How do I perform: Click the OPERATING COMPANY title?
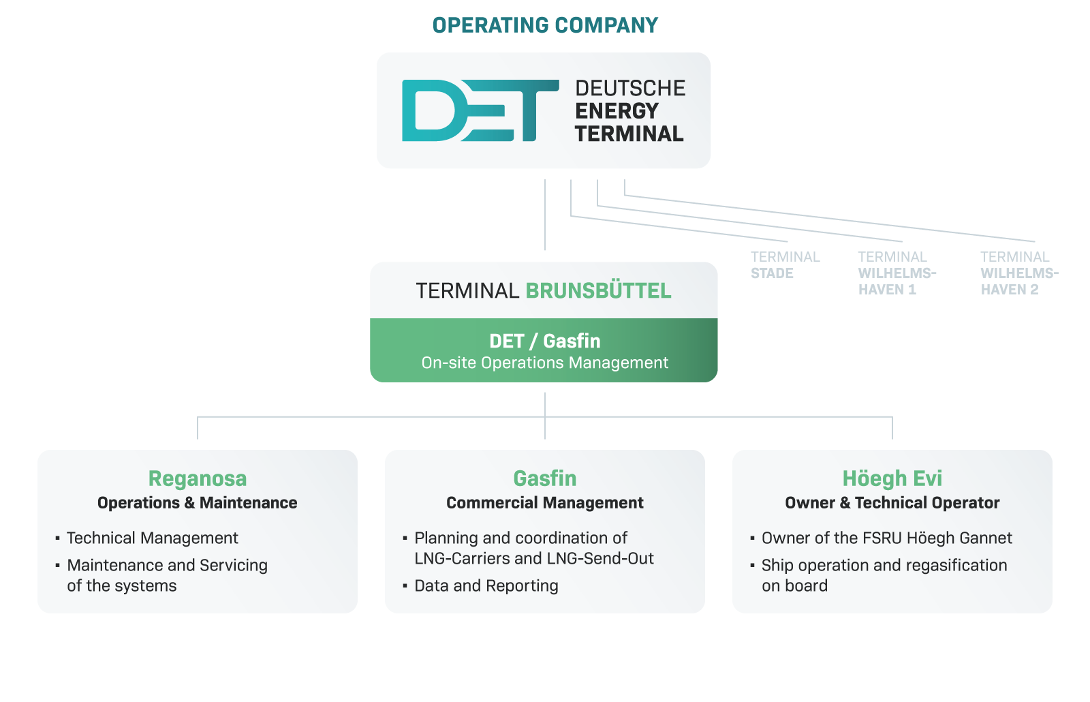[545, 25]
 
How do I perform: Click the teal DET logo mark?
[480, 110]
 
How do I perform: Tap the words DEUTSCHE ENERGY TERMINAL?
[630, 111]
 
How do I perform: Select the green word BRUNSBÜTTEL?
[599, 290]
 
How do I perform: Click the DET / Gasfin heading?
[545, 341]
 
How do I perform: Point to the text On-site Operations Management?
[545, 363]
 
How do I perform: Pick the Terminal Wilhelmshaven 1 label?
[897, 273]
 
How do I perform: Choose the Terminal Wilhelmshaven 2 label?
[1020, 273]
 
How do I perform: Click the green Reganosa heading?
[198, 478]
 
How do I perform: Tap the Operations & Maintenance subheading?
[198, 502]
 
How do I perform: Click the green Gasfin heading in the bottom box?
[545, 478]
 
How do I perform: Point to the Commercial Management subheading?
[545, 502]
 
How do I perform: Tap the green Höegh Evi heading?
[892, 478]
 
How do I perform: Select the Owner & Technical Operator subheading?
[892, 502]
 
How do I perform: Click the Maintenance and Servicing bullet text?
[167, 575]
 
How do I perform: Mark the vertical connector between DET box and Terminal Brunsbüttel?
[545, 215]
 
